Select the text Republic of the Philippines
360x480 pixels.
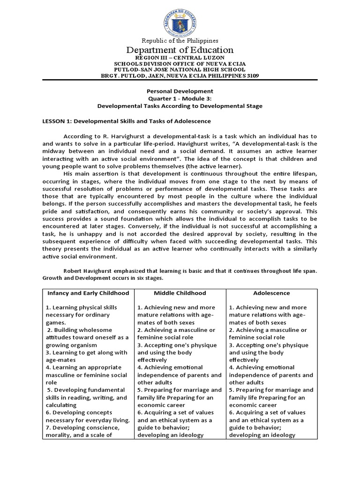click(x=180, y=41)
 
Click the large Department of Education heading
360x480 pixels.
click(x=180, y=50)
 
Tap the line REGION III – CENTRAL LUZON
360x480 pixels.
click(x=180, y=58)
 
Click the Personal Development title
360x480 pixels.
click(x=180, y=91)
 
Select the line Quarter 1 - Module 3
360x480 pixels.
click(x=180, y=98)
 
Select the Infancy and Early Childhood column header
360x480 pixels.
click(x=88, y=293)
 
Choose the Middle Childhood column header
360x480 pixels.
click(x=180, y=293)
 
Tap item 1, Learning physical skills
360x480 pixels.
click(x=82, y=307)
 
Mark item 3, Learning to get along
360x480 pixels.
click(x=86, y=352)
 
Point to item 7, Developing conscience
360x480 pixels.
click(x=83, y=427)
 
